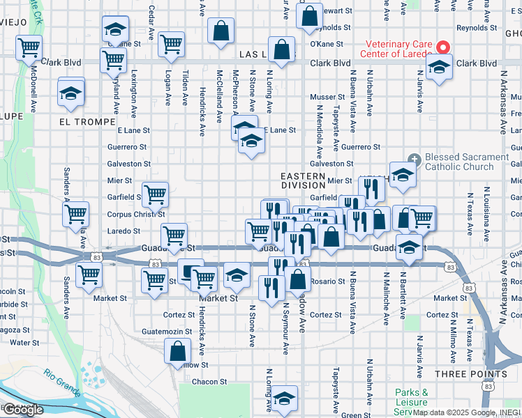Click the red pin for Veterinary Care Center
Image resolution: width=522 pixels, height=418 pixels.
[442, 47]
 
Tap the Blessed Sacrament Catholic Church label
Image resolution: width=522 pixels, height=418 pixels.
[467, 162]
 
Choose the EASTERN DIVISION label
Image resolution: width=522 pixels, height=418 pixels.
[304, 181]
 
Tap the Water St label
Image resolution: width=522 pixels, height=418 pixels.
[24, 343]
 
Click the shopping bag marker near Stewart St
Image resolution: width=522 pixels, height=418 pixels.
[309, 15]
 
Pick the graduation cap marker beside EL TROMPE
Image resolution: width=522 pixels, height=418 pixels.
[70, 93]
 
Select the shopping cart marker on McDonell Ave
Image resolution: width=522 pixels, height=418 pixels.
[29, 48]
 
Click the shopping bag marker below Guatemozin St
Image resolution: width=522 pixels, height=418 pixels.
[178, 350]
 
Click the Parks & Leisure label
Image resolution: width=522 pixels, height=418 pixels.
[411, 398]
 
